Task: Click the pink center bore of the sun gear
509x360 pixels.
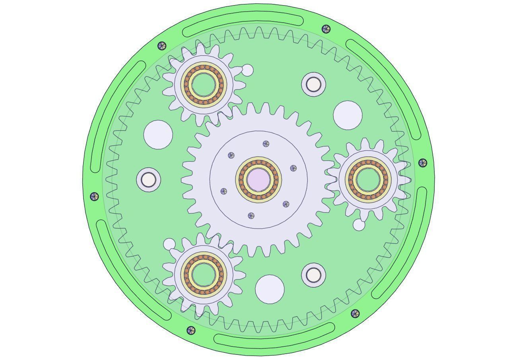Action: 258,179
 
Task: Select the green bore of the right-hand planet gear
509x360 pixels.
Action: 368,179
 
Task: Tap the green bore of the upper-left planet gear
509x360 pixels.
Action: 204,84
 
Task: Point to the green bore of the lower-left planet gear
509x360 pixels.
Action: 204,274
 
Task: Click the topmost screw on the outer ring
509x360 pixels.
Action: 326,29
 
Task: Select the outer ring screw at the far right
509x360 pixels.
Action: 423,163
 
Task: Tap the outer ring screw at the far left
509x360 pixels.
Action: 94,196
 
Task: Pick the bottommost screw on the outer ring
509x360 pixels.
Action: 191,330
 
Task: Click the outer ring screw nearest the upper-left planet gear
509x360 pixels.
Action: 162,46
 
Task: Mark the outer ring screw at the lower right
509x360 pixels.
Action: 355,313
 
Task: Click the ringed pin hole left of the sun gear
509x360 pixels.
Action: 148,180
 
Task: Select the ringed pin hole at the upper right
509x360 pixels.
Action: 313,84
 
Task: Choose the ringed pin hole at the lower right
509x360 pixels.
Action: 313,274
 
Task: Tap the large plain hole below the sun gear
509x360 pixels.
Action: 270,289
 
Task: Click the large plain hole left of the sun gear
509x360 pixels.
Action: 158,135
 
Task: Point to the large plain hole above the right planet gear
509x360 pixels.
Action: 348,115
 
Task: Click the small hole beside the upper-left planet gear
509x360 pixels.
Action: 247,70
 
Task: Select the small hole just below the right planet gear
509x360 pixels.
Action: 359,225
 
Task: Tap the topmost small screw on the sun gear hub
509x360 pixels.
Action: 266,144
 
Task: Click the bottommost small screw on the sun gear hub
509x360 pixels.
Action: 251,216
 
